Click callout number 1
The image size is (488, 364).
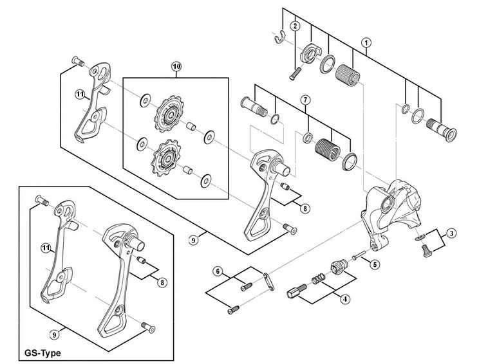coord(366,43)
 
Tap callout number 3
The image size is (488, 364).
coord(453,233)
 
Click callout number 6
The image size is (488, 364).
coord(218,271)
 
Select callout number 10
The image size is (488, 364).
coord(176,66)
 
